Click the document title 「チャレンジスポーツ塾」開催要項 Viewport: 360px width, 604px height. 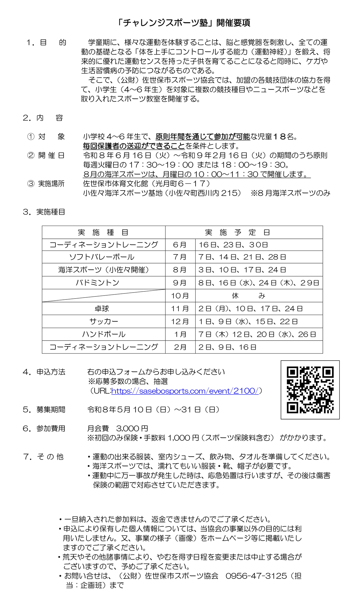[x=183, y=23]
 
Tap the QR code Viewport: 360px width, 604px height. [x=310, y=389]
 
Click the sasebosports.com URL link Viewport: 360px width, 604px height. [x=185, y=391]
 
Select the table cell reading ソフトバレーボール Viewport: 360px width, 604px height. [x=102, y=257]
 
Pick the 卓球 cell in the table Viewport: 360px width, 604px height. [x=102, y=308]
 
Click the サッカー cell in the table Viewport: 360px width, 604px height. [x=103, y=321]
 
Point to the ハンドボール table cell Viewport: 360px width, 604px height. [x=103, y=334]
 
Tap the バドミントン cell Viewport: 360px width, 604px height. [x=98, y=283]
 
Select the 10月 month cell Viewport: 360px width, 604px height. [x=180, y=296]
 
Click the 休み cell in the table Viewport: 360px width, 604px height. [x=248, y=296]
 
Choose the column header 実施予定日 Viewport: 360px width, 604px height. [x=237, y=233]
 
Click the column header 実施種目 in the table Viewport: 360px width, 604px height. [x=103, y=233]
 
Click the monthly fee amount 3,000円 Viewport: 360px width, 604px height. [x=132, y=428]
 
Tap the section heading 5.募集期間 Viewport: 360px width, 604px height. [x=44, y=410]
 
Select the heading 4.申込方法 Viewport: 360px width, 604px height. [x=44, y=372]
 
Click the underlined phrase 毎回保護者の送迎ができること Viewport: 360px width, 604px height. [x=134, y=146]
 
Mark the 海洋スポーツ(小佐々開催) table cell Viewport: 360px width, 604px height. [x=103, y=270]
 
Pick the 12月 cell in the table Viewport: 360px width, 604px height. [x=180, y=321]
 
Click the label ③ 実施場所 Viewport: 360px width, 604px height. [x=46, y=184]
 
